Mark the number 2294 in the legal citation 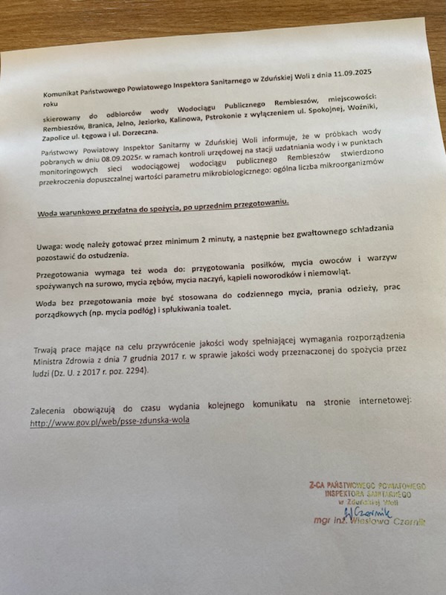[x=138, y=370]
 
